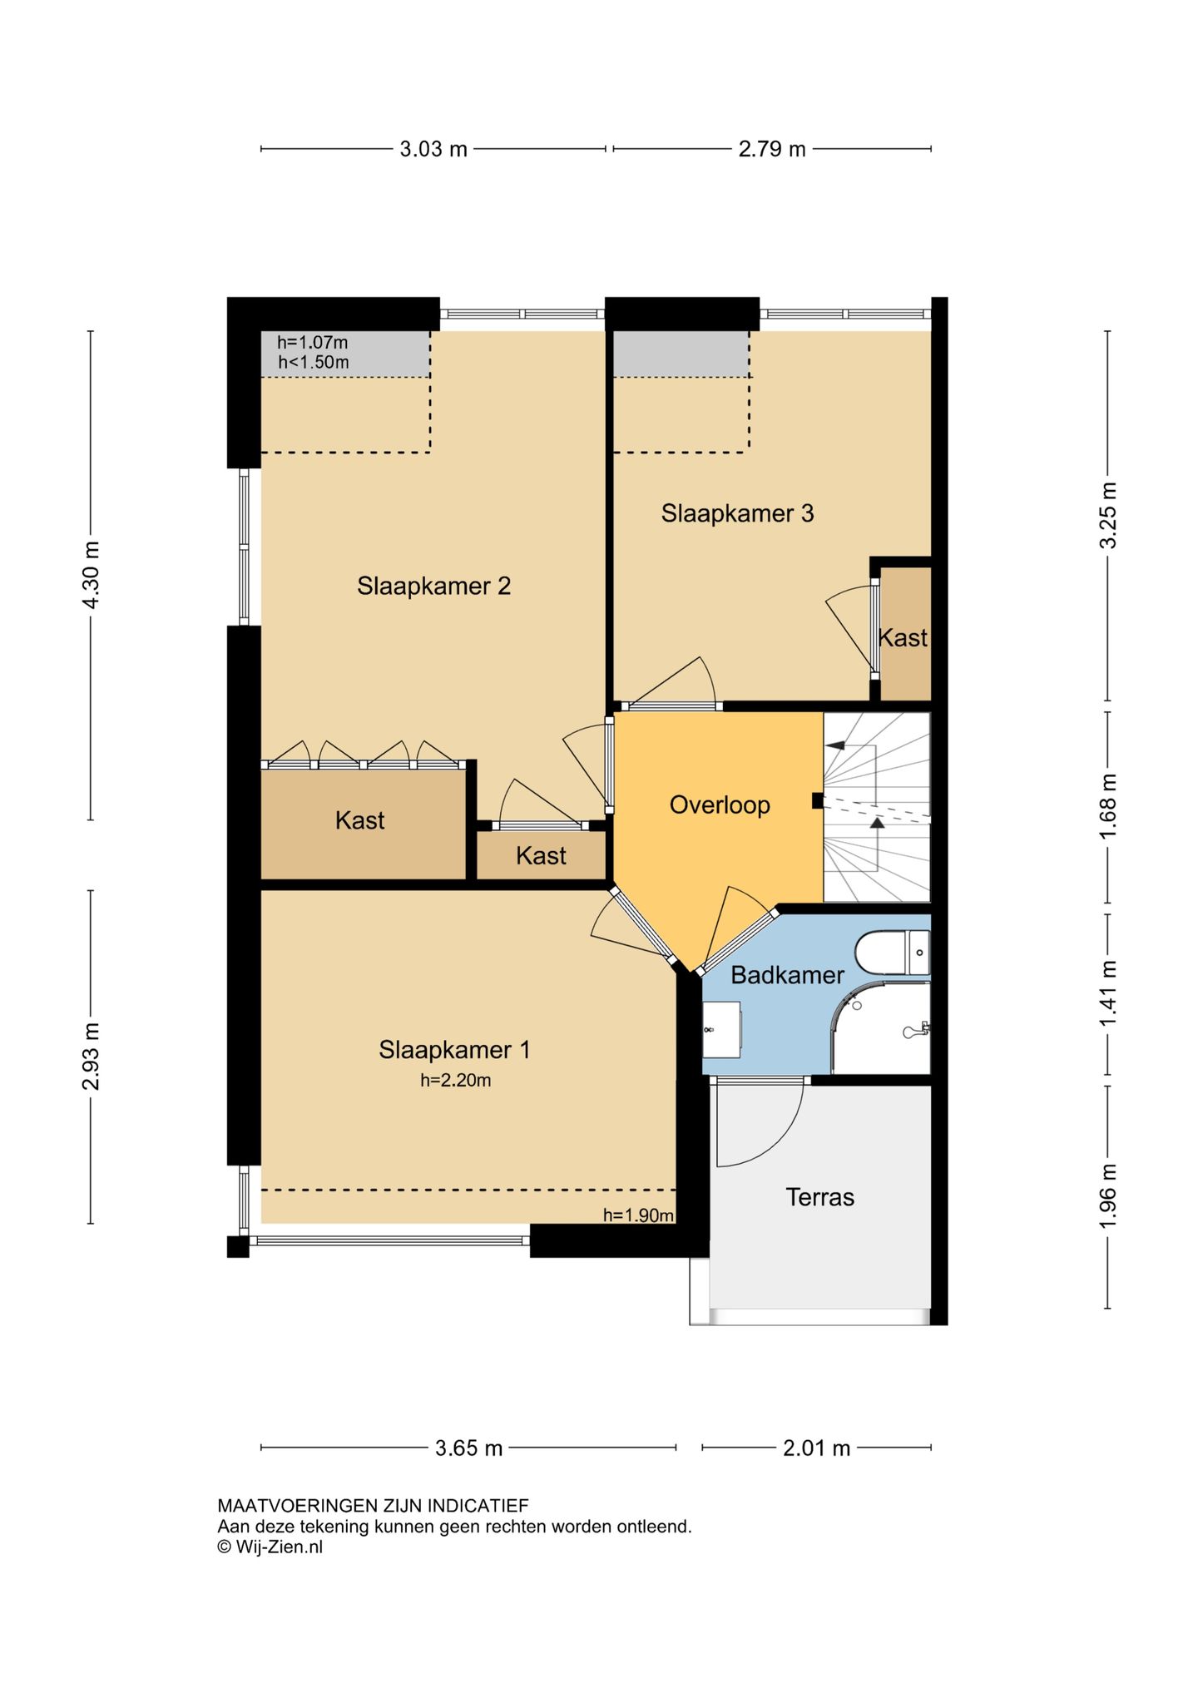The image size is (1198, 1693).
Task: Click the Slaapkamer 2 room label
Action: click(x=433, y=586)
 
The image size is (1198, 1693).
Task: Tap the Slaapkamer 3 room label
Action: click(x=737, y=513)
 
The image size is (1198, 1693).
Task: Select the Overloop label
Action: click(x=720, y=805)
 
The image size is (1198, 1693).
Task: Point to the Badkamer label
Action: click(x=787, y=975)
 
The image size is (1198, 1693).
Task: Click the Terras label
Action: click(x=819, y=1197)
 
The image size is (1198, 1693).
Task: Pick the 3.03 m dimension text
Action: click(x=433, y=149)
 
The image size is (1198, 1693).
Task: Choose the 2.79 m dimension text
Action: click(x=772, y=149)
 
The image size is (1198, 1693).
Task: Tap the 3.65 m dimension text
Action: click(x=468, y=1448)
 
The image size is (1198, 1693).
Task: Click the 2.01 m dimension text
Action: click(x=816, y=1448)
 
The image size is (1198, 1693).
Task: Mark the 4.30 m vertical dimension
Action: click(x=91, y=575)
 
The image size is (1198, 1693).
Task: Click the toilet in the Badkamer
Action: click(x=893, y=953)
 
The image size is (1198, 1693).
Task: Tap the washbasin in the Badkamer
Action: click(x=721, y=1029)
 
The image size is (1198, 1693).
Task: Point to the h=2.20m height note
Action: click(x=455, y=1081)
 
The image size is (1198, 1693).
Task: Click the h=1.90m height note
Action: click(x=638, y=1215)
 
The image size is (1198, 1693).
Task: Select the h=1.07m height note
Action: click(x=313, y=342)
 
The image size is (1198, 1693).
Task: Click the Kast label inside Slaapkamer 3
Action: click(x=903, y=638)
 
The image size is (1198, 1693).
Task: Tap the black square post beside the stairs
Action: click(x=818, y=801)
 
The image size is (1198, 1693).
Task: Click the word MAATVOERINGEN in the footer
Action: click(x=298, y=1505)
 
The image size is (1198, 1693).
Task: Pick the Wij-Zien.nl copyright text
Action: click(x=270, y=1547)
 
